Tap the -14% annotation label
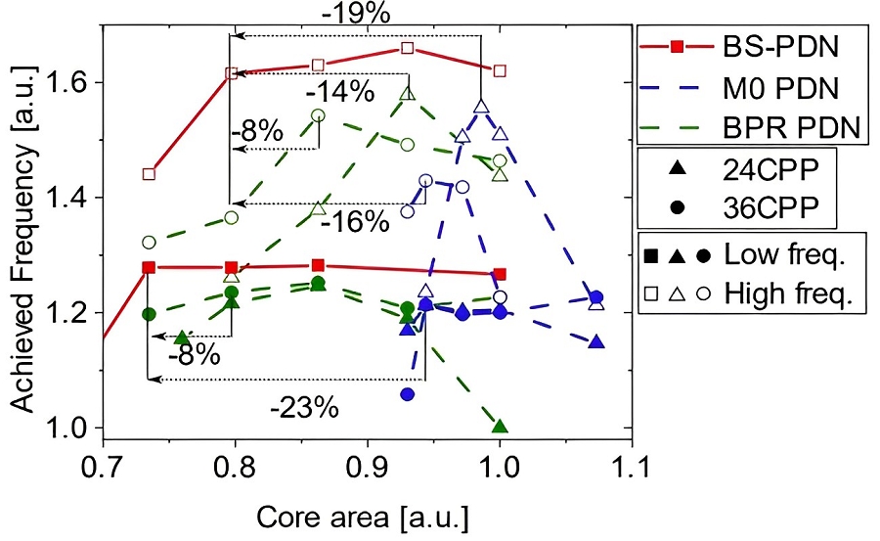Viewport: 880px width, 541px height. (339, 93)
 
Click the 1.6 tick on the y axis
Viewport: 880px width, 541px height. (78, 82)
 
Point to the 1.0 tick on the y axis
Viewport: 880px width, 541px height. (78, 428)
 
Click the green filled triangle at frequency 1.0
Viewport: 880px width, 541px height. (501, 427)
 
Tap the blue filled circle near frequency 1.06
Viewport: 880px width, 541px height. (408, 394)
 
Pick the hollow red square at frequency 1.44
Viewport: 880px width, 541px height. (149, 174)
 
